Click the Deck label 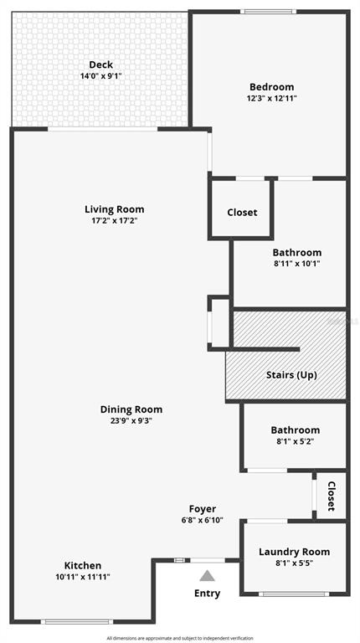point(100,64)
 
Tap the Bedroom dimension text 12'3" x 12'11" point(272,98)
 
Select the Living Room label point(115,209)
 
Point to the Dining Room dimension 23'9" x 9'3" point(126,420)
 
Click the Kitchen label point(83,566)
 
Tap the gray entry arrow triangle point(207,576)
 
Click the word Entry point(207,594)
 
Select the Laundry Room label point(294,552)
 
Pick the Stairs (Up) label point(291,375)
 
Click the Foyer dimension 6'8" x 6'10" point(203,521)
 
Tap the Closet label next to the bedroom point(242,213)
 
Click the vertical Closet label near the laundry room point(332,496)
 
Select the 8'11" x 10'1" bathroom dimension point(297,264)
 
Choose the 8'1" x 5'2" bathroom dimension point(295,442)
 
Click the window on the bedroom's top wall point(268,12)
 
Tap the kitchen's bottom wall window point(77,622)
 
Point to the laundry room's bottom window point(294,594)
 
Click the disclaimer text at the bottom point(180,638)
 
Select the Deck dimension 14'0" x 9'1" point(100,76)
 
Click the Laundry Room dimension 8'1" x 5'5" point(294,563)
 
